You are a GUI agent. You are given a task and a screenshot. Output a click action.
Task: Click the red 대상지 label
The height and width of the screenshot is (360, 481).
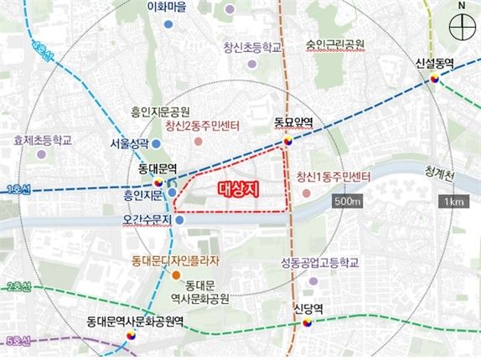(235, 189)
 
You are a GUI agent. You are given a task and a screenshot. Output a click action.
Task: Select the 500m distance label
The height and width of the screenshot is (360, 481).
(346, 203)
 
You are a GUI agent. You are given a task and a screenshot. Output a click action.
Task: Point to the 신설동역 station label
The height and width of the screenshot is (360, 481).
(434, 63)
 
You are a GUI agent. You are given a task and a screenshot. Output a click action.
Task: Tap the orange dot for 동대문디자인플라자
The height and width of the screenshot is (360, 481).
(176, 275)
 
